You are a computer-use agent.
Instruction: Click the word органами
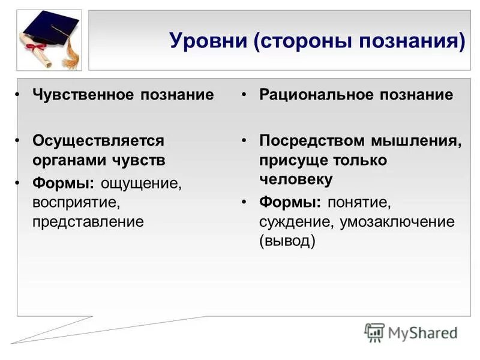coord(67,160)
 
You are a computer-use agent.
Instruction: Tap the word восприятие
coord(73,202)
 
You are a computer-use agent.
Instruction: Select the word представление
coord(88,221)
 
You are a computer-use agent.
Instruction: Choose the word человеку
coord(296,179)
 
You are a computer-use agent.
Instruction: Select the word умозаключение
coord(397,221)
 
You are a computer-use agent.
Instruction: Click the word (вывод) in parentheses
coord(287,241)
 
